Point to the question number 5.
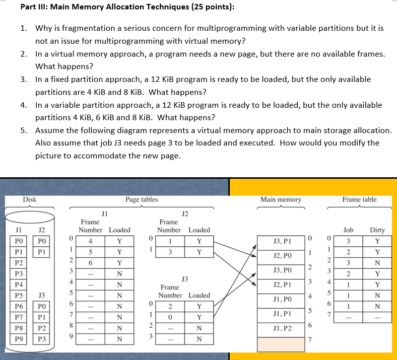pyautogui.click(x=23, y=131)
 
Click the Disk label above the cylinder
pyautogui.click(x=30, y=200)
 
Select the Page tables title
pyautogui.click(x=141, y=200)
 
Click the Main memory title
pyautogui.click(x=281, y=200)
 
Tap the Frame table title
pyautogui.click(x=359, y=200)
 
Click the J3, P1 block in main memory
pyautogui.click(x=281, y=242)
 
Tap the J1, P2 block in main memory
pyautogui.click(x=281, y=329)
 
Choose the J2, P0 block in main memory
pyautogui.click(x=281, y=256)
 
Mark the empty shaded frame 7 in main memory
pyautogui.click(x=281, y=344)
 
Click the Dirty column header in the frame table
pyautogui.click(x=377, y=230)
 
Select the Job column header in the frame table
pyautogui.click(x=349, y=230)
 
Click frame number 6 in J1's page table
pyautogui.click(x=90, y=263)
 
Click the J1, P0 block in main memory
pyautogui.click(x=281, y=299)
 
